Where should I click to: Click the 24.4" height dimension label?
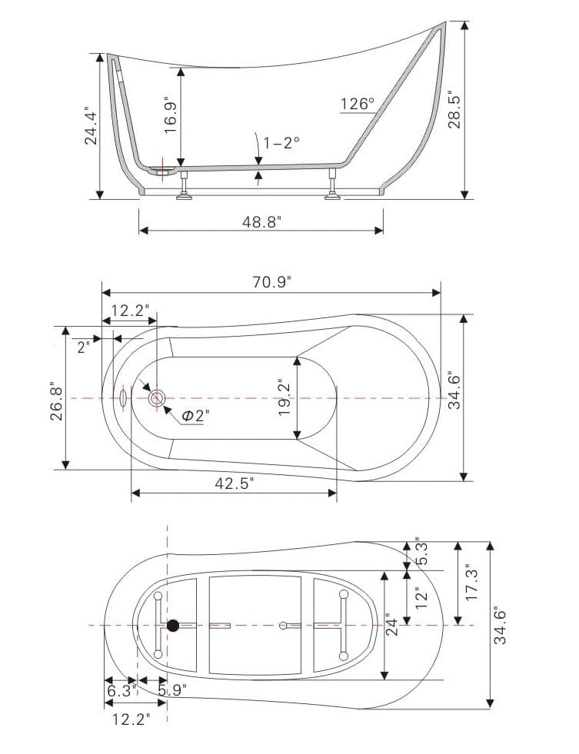[x=92, y=125]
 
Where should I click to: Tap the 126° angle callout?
[x=357, y=104]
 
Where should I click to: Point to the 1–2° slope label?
[x=281, y=142]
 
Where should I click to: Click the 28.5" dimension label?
[x=454, y=110]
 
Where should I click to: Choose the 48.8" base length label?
[x=262, y=222]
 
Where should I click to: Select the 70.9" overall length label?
[x=270, y=282]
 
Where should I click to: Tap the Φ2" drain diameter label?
[x=195, y=416]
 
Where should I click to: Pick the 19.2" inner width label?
[x=285, y=397]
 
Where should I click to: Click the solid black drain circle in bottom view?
[x=174, y=626]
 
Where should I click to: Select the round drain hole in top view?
[x=157, y=397]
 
